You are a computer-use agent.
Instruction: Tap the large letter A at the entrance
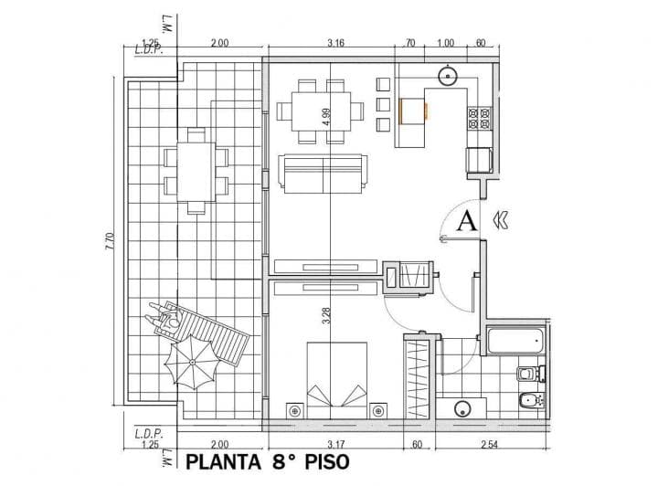[x=466, y=220]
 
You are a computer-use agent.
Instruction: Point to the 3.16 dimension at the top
[x=335, y=42]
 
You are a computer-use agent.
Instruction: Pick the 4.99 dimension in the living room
[x=326, y=116]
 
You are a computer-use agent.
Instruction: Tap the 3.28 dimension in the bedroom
[x=326, y=316]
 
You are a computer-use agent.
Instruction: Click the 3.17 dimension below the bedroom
[x=334, y=445]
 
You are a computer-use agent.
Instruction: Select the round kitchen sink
[x=448, y=75]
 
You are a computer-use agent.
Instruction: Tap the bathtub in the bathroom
[x=515, y=341]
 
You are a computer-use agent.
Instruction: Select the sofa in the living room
[x=323, y=173]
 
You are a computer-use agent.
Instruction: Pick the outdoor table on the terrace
[x=194, y=171]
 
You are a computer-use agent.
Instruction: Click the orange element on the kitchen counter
[x=402, y=110]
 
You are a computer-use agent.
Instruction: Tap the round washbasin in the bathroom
[x=462, y=407]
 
